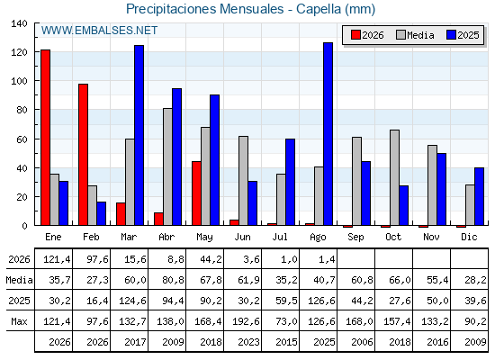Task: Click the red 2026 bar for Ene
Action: pos(46,138)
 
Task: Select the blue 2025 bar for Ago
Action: pos(328,134)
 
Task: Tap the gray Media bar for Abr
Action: pos(167,166)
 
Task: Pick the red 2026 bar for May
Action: pos(196,193)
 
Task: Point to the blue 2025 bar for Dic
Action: pos(479,196)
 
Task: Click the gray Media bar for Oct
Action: pos(394,178)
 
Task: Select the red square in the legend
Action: pos(355,35)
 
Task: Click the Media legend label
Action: pos(420,35)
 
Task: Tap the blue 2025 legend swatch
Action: pos(451,35)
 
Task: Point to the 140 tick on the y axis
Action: pos(19,23)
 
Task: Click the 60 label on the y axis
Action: pos(22,139)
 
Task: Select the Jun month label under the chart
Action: pos(242,237)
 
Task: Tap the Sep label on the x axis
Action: pos(355,238)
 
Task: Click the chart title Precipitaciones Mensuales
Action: pos(205,9)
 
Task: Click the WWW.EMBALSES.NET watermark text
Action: pos(99,31)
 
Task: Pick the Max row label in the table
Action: pos(19,321)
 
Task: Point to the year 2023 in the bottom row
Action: pos(248,342)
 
